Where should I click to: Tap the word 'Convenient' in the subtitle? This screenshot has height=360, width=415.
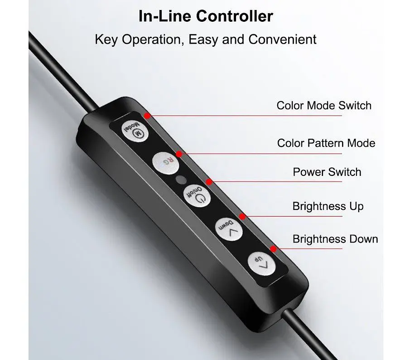coord(282,39)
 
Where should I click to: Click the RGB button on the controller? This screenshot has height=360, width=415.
coord(165,162)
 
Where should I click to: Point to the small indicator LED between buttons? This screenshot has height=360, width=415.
coord(181,179)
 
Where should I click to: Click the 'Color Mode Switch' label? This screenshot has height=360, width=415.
coord(323,106)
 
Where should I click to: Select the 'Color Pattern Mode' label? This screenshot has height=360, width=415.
coord(326,143)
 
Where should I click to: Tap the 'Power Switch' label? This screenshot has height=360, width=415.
coord(327,172)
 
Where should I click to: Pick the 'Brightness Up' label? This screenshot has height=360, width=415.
coord(328,206)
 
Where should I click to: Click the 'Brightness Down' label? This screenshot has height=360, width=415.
coord(335,239)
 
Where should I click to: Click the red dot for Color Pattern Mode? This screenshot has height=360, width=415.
coord(179,154)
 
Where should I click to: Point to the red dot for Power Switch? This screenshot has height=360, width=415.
coord(209,182)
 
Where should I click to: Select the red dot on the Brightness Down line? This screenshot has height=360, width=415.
coord(273,249)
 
